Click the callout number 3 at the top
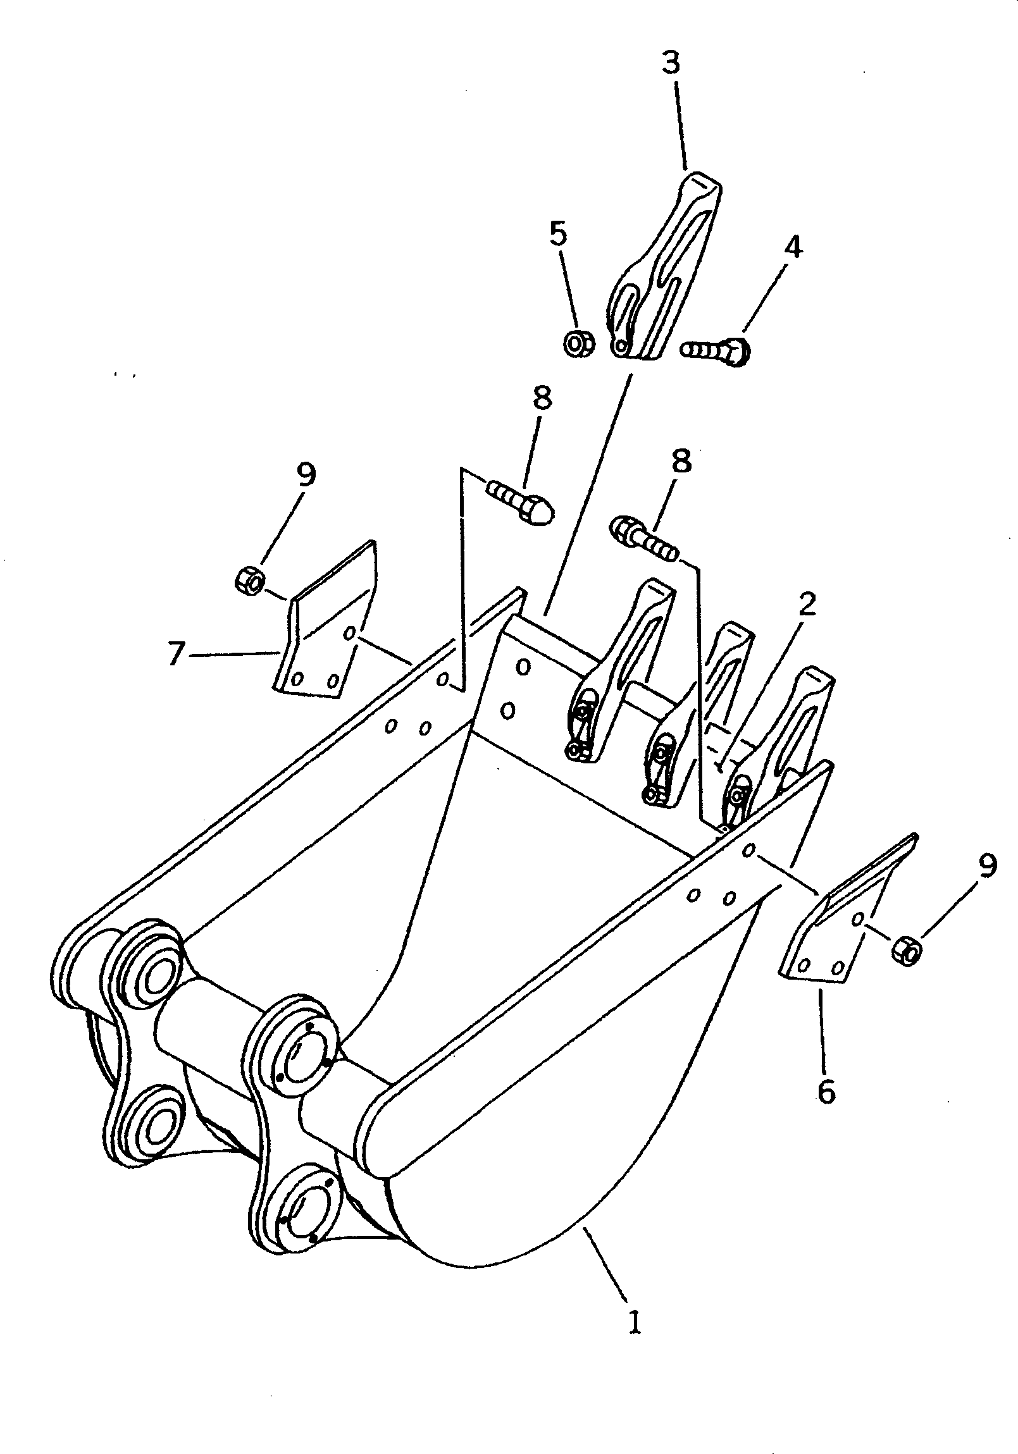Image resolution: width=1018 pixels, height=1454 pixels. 671,64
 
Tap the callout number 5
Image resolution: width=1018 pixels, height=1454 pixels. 557,233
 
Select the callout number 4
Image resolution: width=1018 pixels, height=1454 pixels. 793,247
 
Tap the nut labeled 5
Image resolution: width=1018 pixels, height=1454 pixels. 578,344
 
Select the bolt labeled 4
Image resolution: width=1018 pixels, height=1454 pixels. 716,350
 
